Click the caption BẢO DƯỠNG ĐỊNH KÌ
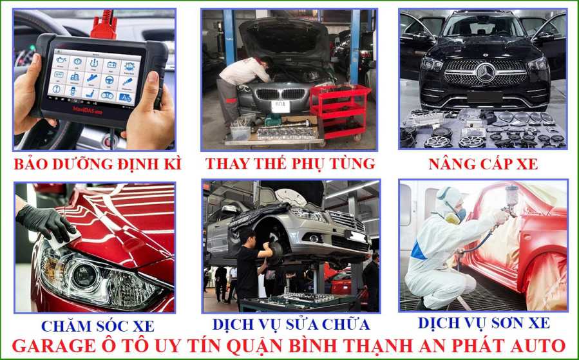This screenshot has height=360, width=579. point(98,164)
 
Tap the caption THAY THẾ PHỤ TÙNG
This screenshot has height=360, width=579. point(290,164)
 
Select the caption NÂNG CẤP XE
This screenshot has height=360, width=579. point(483,164)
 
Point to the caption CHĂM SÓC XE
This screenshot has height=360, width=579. point(98,326)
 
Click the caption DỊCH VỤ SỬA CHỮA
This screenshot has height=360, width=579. point(291,324)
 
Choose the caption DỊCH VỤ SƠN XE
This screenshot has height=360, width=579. point(484,323)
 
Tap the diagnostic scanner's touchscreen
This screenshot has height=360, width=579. point(94,77)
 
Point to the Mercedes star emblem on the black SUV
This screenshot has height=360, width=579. point(486,73)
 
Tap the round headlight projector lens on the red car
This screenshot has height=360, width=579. point(84,276)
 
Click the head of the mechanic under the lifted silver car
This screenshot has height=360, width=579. point(247,238)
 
